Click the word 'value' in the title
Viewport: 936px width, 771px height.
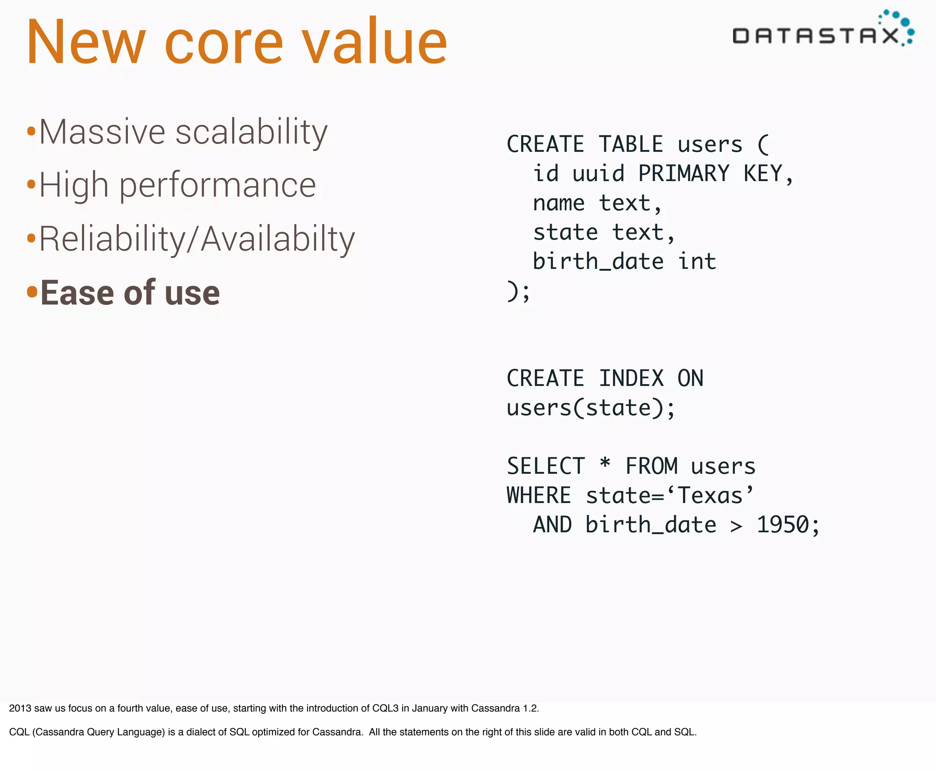374,42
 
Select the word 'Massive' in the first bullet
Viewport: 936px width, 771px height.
102,133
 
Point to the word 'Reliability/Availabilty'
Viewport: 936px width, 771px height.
197,240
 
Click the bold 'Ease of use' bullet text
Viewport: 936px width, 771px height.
130,293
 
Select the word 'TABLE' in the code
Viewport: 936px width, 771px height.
631,145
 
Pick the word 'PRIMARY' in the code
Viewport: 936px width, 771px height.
683,174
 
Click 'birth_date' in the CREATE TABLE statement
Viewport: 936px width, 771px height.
598,262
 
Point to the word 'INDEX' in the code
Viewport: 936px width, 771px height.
631,379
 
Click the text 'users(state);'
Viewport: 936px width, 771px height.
590,408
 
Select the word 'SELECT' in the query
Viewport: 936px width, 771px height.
546,466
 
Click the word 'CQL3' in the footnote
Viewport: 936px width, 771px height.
385,708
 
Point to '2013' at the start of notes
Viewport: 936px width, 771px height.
20,708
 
